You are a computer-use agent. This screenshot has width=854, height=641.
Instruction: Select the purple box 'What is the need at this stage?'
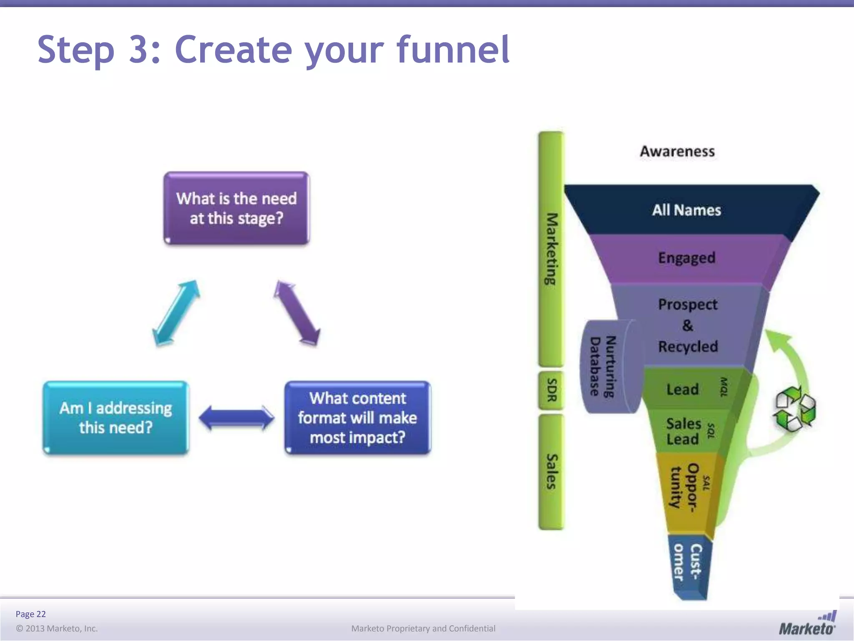pos(236,208)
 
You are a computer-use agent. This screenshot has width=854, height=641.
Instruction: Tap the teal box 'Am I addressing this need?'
pos(116,418)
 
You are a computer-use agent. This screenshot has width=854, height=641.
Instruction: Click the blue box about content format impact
pos(357,418)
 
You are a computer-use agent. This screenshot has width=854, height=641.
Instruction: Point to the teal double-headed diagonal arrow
pos(176,313)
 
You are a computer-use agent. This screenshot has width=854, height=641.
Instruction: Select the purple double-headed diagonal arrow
pos(297,313)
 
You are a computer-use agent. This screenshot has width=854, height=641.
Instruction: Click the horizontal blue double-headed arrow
pos(236,418)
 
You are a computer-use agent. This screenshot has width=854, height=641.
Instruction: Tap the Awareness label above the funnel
pos(677,151)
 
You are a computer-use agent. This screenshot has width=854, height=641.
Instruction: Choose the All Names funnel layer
pos(686,210)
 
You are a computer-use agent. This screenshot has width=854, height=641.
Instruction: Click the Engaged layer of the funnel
pos(686,258)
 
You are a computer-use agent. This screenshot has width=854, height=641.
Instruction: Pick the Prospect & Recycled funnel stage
pos(688,326)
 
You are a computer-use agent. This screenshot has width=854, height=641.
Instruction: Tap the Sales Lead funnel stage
pos(683,432)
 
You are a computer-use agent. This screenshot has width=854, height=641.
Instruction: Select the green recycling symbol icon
pos(795,409)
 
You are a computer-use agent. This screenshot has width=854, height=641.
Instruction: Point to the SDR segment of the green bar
pos(551,390)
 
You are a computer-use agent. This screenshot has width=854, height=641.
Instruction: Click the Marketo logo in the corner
pos(807,624)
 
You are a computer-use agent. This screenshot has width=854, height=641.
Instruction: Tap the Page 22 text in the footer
pos(30,614)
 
